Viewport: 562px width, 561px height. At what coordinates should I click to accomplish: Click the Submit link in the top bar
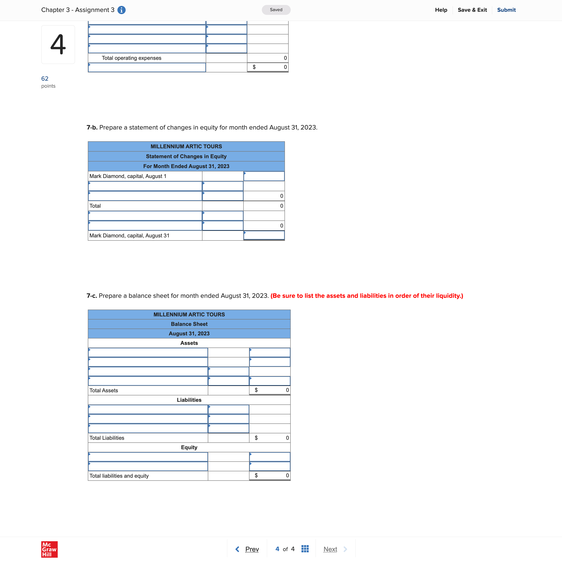tap(506, 10)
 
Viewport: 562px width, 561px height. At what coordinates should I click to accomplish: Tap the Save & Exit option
tap(472, 10)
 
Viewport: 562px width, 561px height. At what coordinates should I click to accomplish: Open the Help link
tap(441, 10)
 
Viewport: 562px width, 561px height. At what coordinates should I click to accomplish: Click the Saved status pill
tap(276, 10)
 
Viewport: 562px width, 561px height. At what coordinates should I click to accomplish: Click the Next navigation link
tap(330, 549)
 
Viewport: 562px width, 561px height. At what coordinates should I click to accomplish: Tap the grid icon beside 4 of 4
tap(305, 549)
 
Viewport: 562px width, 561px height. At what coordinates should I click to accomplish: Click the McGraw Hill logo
tap(49, 549)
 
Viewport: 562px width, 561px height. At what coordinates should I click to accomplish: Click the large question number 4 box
tap(58, 45)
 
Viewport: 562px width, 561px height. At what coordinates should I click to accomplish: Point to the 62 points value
tap(45, 79)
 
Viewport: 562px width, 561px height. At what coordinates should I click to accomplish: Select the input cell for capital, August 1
tap(264, 176)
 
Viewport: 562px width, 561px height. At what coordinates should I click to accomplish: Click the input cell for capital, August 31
tap(264, 235)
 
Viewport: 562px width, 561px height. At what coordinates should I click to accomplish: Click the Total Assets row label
tap(104, 390)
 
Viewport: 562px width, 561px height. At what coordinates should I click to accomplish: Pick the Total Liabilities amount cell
tap(270, 438)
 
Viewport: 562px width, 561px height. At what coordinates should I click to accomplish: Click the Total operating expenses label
tap(132, 58)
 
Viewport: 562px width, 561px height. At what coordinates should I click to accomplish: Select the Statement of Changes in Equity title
tap(186, 156)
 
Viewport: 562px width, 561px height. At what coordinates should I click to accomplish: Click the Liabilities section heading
tap(189, 400)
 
